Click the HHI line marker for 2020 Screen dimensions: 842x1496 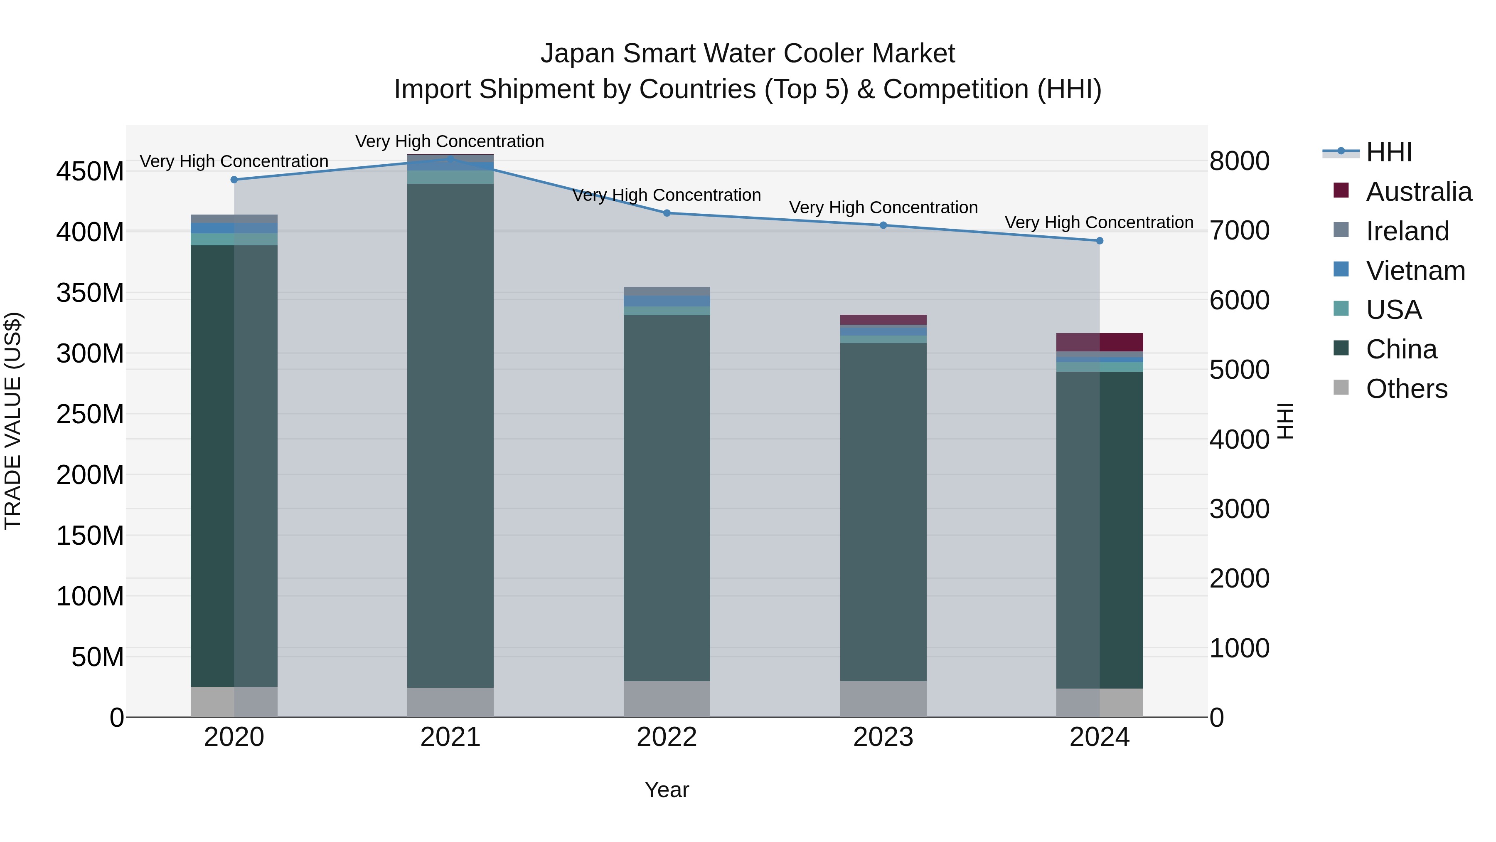pos(234,180)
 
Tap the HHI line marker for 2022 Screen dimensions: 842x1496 pos(667,213)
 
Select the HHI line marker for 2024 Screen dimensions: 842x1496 pos(1099,241)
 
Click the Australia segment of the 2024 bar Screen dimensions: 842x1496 pos(1099,342)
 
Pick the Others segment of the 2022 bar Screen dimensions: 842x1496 pos(667,699)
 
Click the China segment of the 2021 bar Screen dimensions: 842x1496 pos(450,436)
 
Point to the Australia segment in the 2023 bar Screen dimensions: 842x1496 pos(883,320)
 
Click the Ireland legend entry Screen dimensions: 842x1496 pos(1407,231)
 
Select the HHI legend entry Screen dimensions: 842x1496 pos(1388,152)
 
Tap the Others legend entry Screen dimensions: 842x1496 pos(1406,389)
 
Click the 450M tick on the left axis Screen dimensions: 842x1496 pos(90,172)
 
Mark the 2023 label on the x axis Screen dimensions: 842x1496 pos(883,737)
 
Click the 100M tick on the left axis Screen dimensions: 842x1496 pos(90,596)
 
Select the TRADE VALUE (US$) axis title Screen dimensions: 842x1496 pos(13,421)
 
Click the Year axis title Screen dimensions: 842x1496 pos(667,790)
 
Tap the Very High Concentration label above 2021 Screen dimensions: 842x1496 pos(450,141)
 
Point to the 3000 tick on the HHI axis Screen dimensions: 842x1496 pos(1239,509)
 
